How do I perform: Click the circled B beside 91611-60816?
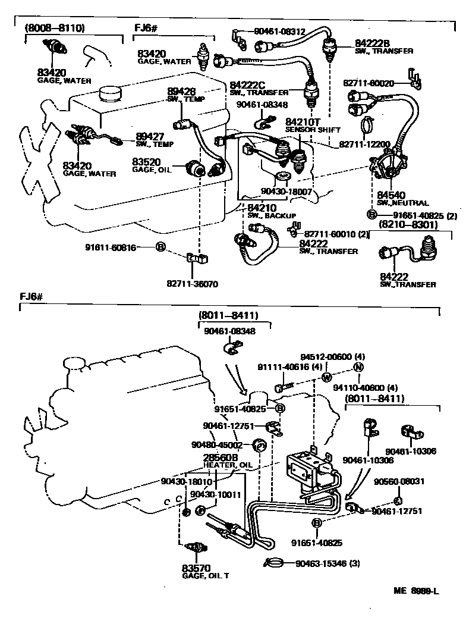coord(160,246)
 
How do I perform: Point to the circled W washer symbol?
coord(326,378)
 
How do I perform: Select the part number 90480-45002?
coord(217,444)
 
